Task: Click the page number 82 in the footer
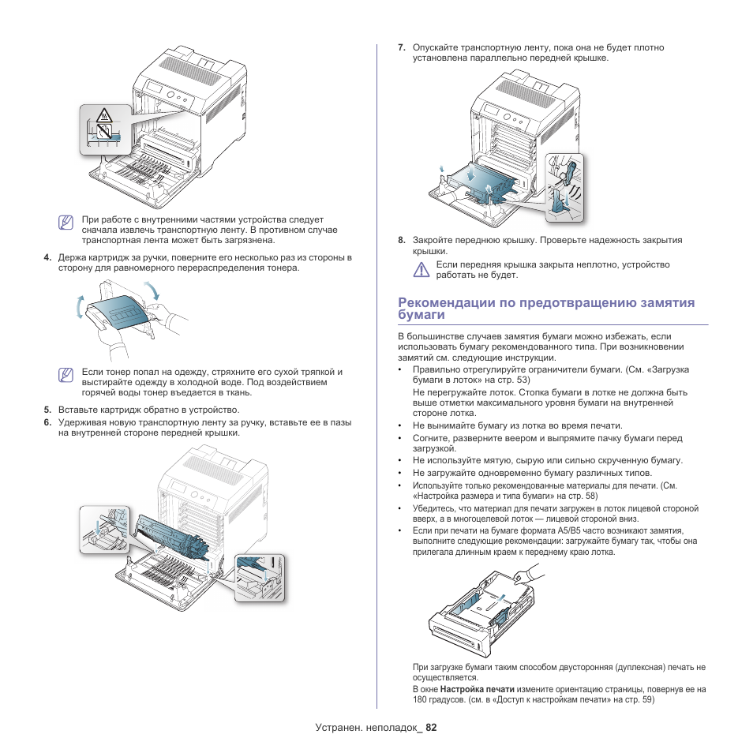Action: (430, 728)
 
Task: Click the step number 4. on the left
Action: (47, 257)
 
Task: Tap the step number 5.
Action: (47, 410)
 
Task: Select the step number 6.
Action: (47, 422)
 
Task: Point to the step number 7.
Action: (402, 47)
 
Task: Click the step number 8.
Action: (402, 240)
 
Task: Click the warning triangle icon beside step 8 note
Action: (421, 270)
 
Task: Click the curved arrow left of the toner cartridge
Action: (81, 306)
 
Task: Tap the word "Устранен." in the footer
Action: (338, 728)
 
